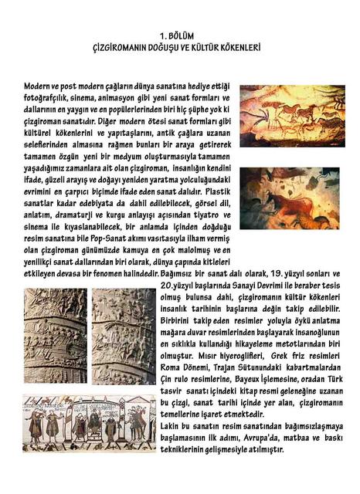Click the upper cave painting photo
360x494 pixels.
(292, 117)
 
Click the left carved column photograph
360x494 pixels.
(55, 336)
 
